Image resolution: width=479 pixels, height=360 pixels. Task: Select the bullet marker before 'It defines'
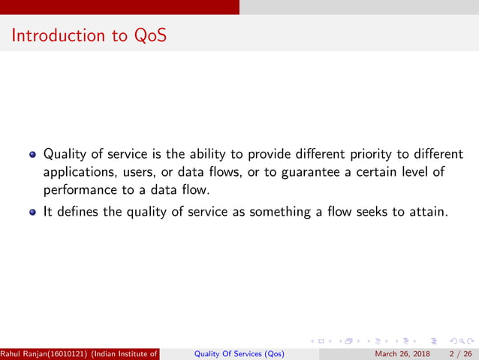32,213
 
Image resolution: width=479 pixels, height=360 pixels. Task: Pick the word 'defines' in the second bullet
77,212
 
